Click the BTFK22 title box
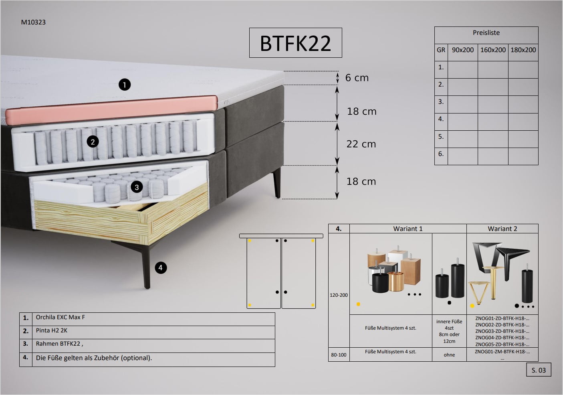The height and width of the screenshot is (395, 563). pyautogui.click(x=295, y=43)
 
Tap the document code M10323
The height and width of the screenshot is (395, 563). pyautogui.click(x=33, y=22)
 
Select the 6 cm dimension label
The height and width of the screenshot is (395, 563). pyautogui.click(x=357, y=78)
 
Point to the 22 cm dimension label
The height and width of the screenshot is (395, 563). pyautogui.click(x=361, y=144)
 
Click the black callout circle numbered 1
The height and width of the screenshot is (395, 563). pyautogui.click(x=125, y=85)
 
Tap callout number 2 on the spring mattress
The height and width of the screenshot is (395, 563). pyautogui.click(x=93, y=142)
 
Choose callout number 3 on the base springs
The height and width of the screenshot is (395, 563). pyautogui.click(x=137, y=187)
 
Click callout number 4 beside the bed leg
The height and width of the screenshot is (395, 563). pyautogui.click(x=161, y=267)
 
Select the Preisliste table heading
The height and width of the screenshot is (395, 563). pyautogui.click(x=486, y=33)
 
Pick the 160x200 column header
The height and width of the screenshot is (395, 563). pyautogui.click(x=493, y=50)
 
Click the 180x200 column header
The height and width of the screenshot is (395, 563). pyautogui.click(x=523, y=50)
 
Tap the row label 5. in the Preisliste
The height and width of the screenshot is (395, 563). pyautogui.click(x=441, y=136)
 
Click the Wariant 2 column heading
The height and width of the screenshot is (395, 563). pyautogui.click(x=502, y=229)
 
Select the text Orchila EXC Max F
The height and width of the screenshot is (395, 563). pyautogui.click(x=61, y=317)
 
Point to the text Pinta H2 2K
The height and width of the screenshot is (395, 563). pyautogui.click(x=52, y=331)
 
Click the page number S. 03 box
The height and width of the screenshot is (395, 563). pyautogui.click(x=539, y=370)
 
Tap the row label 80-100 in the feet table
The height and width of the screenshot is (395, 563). pyautogui.click(x=339, y=354)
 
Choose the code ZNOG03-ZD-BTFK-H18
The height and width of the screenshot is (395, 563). pyautogui.click(x=502, y=331)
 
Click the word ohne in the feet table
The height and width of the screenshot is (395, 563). pyautogui.click(x=449, y=354)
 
